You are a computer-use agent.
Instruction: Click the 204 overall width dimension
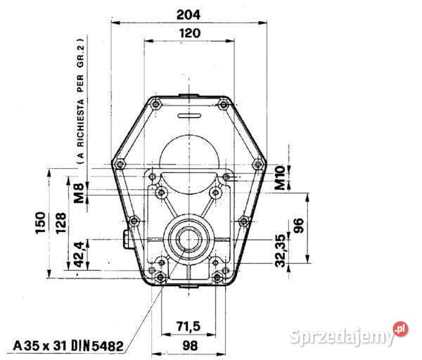(188, 13)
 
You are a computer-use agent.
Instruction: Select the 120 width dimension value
(188, 32)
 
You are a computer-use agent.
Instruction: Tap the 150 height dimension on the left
(42, 223)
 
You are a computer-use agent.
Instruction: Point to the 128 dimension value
(62, 223)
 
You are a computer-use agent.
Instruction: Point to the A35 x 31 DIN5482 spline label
(69, 345)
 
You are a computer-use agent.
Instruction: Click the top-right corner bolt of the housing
(223, 105)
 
